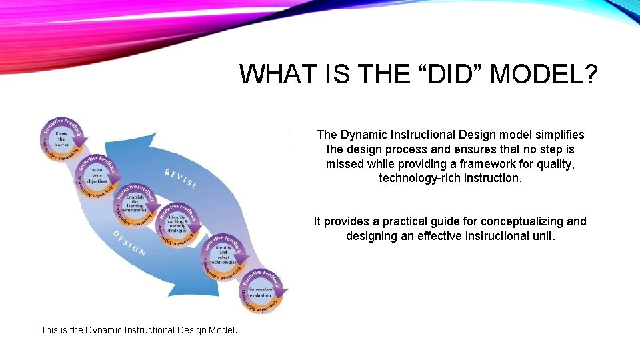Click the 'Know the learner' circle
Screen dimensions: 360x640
[x=61, y=139]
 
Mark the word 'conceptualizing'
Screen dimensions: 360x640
[x=512, y=221]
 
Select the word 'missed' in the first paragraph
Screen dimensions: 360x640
[x=341, y=164]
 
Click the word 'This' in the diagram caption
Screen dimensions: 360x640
[x=50, y=330]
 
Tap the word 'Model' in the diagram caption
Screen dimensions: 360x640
[x=220, y=330]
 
